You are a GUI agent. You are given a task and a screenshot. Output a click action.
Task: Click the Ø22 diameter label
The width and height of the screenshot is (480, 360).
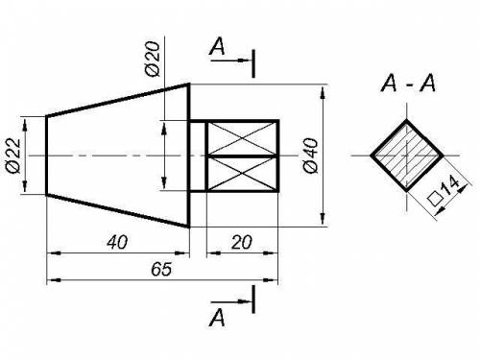[14, 156]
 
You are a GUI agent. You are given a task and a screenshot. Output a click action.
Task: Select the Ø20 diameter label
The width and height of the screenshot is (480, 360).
[153, 60]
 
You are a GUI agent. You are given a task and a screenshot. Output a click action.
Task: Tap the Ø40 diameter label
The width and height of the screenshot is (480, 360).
[310, 156]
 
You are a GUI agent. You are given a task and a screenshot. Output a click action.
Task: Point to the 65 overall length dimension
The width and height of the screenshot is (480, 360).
[161, 269]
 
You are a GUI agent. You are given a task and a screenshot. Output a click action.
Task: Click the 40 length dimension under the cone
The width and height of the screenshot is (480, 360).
[117, 242]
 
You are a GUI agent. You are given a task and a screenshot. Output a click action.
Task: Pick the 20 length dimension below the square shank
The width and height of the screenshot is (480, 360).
[242, 242]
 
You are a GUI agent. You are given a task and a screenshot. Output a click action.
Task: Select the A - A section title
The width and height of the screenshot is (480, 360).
[408, 84]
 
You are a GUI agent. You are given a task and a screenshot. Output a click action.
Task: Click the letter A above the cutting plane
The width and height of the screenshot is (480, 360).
[217, 46]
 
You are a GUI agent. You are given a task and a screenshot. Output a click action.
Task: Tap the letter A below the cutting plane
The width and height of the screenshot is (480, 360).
[217, 318]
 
